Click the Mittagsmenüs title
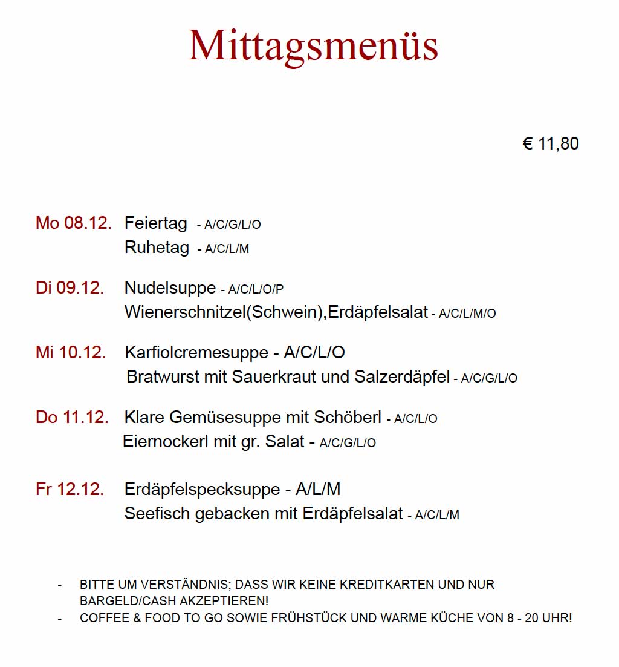[313, 46]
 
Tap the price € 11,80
[551, 143]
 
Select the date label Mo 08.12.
[74, 223]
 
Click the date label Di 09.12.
[70, 287]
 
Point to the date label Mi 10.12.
[71, 352]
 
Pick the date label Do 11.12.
[72, 417]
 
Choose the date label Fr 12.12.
[70, 489]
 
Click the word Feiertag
[156, 223]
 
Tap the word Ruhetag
[157, 248]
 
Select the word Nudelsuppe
[170, 287]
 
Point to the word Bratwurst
[163, 377]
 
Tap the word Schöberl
[348, 417]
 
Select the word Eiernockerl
[166, 442]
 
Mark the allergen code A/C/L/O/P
[256, 289]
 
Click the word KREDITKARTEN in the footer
[387, 585]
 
